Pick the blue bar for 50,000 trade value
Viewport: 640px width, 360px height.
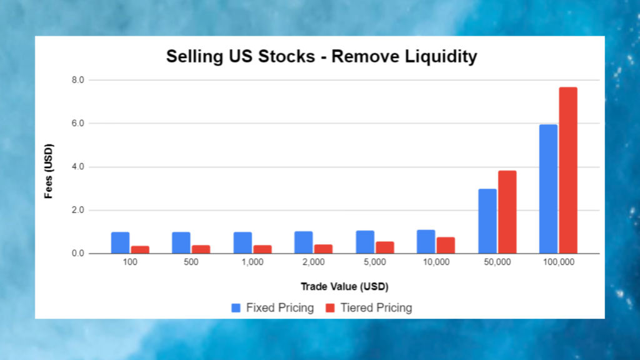pyautogui.click(x=487, y=221)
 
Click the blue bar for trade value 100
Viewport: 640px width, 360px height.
pyautogui.click(x=120, y=243)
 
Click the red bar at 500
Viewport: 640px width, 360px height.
pyautogui.click(x=201, y=249)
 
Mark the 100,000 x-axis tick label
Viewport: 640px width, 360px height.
pyautogui.click(x=558, y=262)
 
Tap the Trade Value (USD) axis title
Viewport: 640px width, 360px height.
pyautogui.click(x=344, y=287)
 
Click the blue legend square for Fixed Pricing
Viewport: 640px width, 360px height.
pyautogui.click(x=236, y=307)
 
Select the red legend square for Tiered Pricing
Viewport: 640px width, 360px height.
pyautogui.click(x=330, y=307)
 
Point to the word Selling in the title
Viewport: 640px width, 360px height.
pyautogui.click(x=190, y=57)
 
